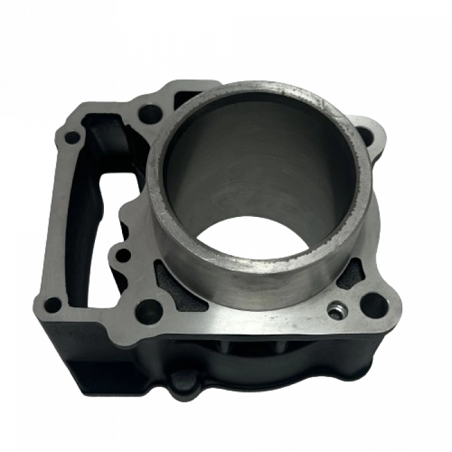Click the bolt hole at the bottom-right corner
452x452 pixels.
coord(374,304)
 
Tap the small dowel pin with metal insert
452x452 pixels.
coord(334,311)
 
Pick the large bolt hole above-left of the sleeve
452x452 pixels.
coord(150,114)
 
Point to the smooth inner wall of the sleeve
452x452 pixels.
coord(258,168)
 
